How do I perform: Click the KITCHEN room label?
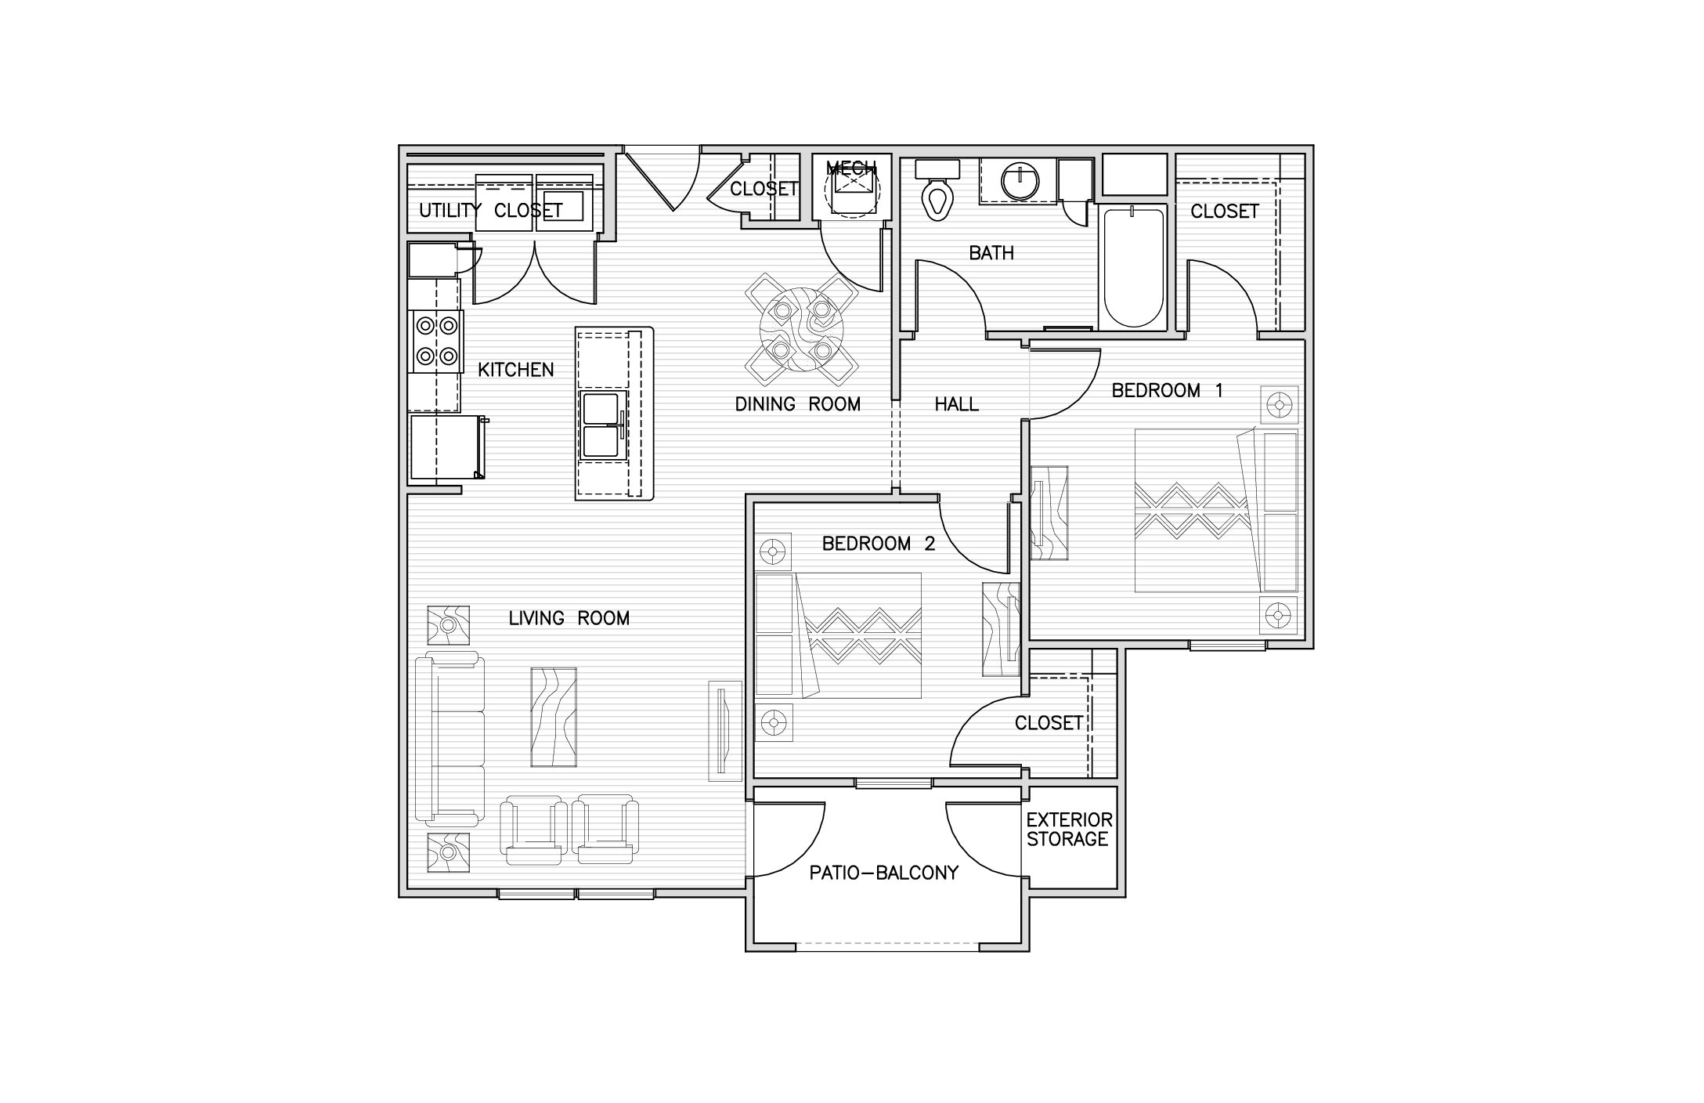click(x=516, y=370)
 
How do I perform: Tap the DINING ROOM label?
click(x=797, y=404)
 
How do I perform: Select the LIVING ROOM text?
click(x=569, y=618)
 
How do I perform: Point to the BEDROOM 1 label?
click(x=1167, y=390)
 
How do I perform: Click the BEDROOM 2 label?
click(x=879, y=544)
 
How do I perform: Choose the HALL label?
click(x=957, y=404)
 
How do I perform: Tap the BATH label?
click(x=991, y=253)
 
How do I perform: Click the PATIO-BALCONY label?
click(x=884, y=873)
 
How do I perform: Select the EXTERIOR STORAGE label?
click(x=1069, y=830)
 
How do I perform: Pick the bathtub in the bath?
click(x=1132, y=266)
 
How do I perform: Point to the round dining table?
click(x=801, y=329)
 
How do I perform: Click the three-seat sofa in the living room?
click(x=449, y=739)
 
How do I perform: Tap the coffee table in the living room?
click(x=554, y=717)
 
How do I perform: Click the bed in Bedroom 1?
click(x=1215, y=510)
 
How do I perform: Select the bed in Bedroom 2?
click(x=838, y=635)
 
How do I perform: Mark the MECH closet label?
click(x=851, y=168)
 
